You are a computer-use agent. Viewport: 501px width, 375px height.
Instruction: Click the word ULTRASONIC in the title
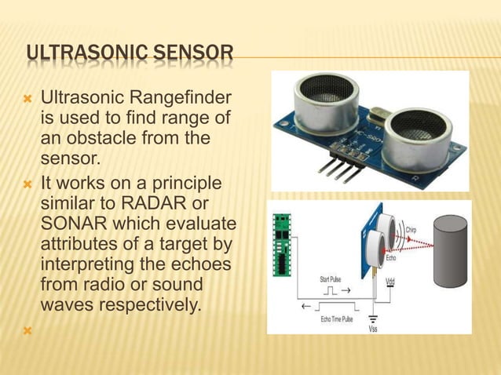click(x=75, y=54)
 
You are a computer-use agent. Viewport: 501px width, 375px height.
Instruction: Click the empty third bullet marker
click(x=29, y=330)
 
